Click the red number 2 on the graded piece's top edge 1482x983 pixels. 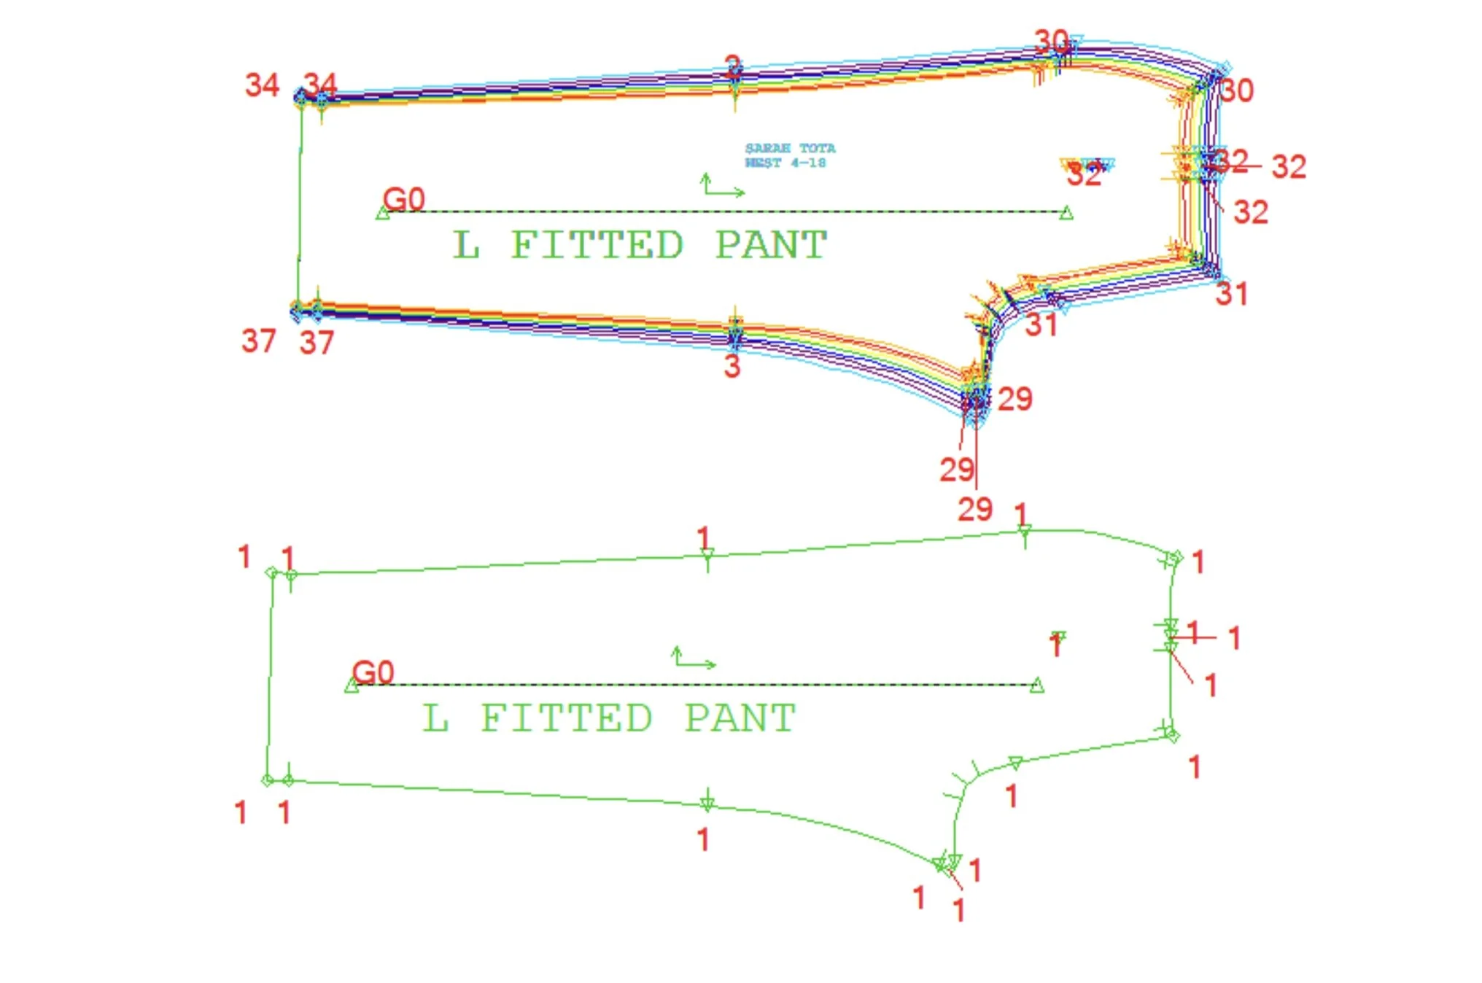point(734,66)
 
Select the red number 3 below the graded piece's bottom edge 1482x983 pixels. point(732,365)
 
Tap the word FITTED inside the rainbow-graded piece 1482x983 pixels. point(597,245)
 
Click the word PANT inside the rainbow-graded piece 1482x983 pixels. point(771,245)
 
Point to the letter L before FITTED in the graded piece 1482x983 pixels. point(466,245)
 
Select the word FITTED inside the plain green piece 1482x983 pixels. point(566,718)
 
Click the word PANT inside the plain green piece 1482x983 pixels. point(740,718)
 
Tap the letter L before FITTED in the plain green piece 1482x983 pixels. point(435,718)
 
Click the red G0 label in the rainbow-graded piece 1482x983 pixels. point(404,198)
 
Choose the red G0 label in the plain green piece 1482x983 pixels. point(373,672)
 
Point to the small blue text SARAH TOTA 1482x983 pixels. point(790,148)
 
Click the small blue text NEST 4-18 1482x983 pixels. point(785,163)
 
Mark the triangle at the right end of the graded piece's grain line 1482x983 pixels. point(1066,213)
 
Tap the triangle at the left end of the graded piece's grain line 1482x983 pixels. point(383,213)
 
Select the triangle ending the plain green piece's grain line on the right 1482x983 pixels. point(1036,685)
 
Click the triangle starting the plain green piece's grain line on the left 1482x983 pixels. point(352,685)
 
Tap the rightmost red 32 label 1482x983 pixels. point(1289,167)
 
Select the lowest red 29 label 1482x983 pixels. point(975,509)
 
